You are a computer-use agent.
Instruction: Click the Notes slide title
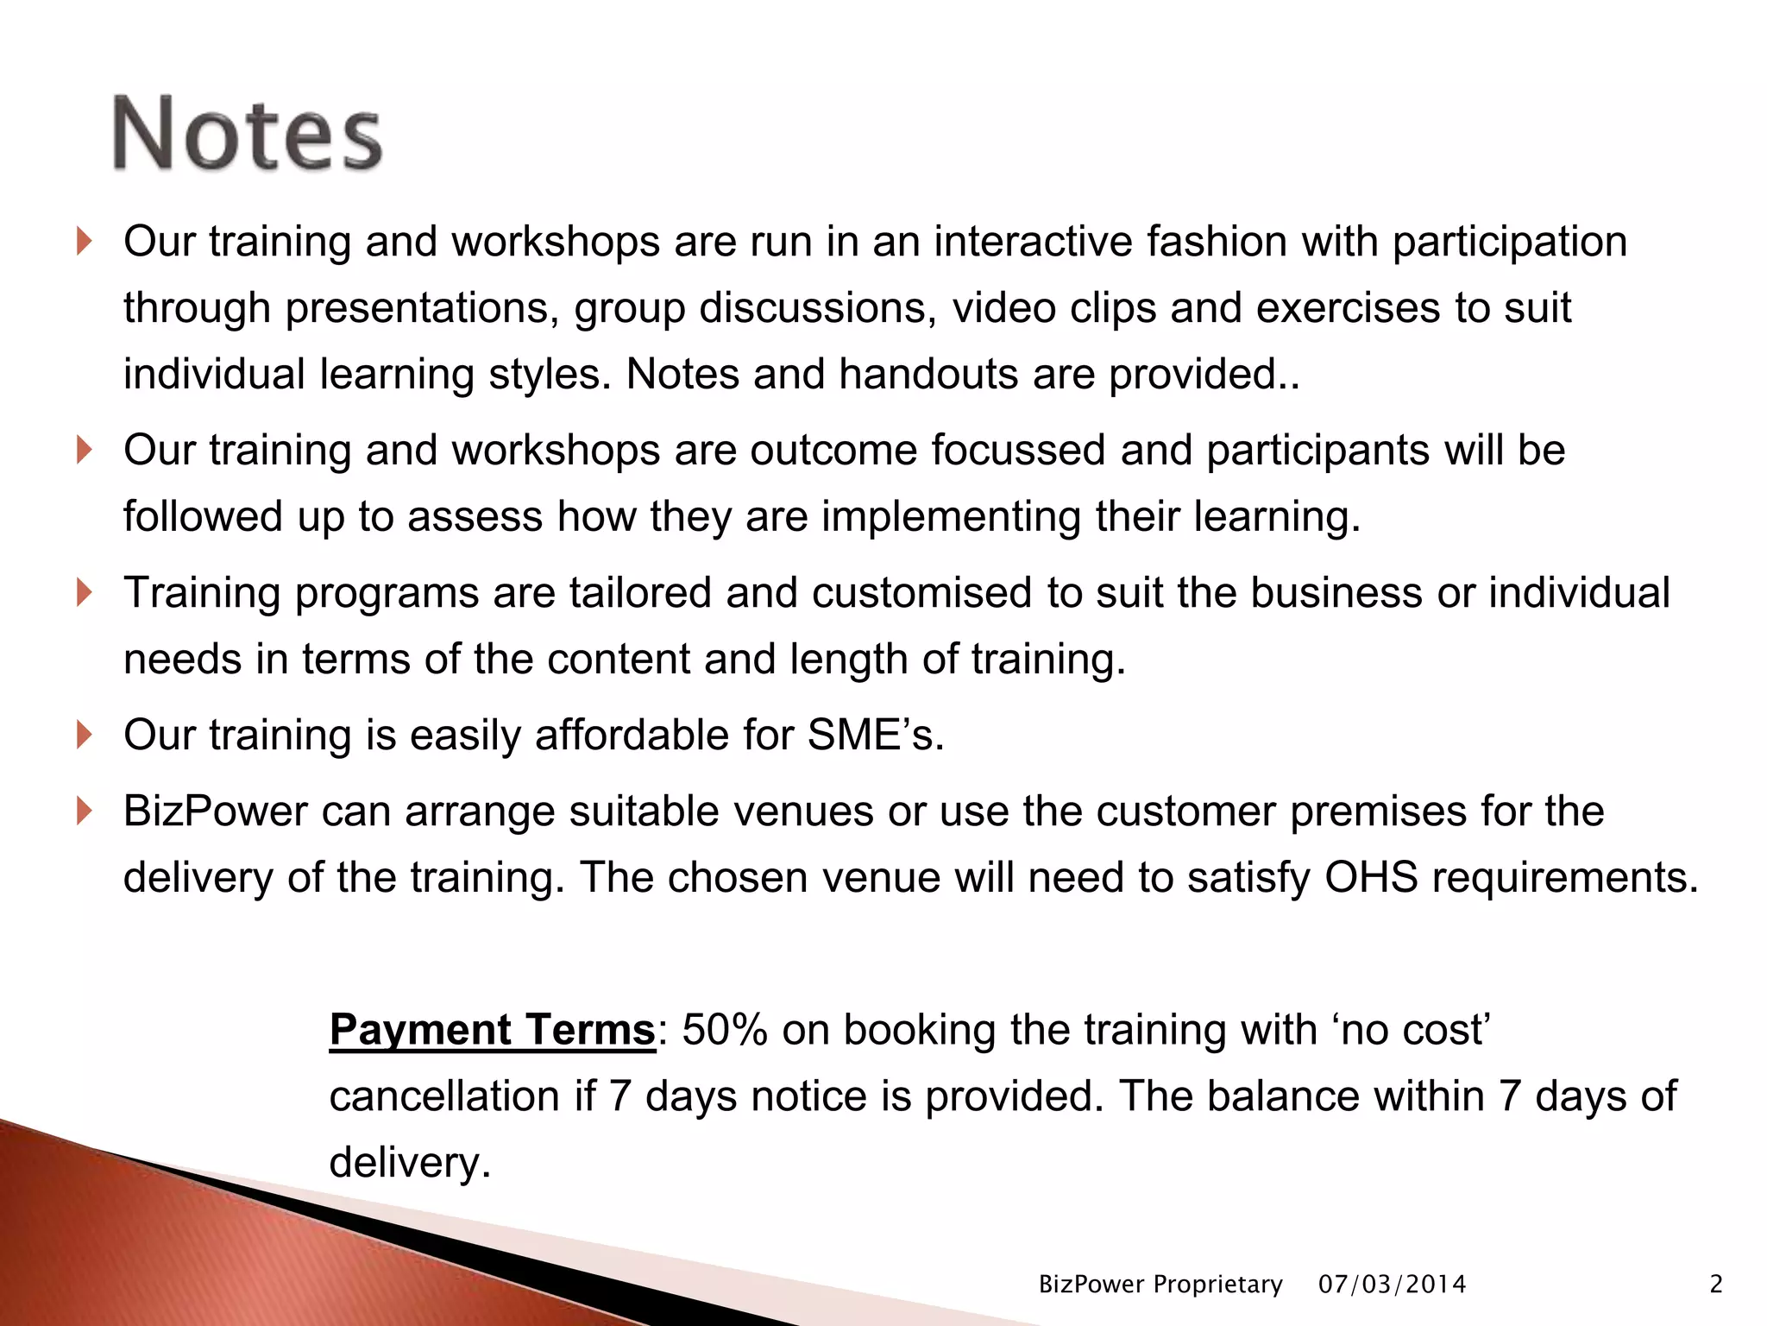tap(248, 134)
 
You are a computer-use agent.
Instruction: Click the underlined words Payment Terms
tap(493, 1030)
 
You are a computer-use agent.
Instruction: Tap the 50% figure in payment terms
tap(724, 1030)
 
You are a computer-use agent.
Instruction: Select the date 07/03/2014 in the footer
tap(1392, 1285)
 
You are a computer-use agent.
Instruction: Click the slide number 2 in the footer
tap(1715, 1285)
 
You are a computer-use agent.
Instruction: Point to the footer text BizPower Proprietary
tap(1160, 1285)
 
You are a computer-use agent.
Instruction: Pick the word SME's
tap(875, 735)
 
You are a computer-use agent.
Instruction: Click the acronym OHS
tap(1371, 877)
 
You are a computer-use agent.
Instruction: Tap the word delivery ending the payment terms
tap(410, 1163)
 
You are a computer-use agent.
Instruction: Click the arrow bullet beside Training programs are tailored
tap(84, 592)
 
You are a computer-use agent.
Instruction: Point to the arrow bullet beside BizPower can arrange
tap(84, 811)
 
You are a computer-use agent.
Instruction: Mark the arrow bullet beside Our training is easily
tap(84, 735)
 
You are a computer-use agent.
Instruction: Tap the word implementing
tap(951, 516)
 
